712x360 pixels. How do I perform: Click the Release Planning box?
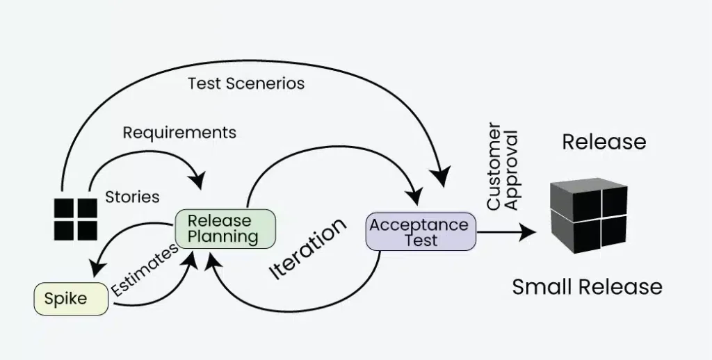224,229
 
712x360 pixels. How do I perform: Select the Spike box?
71,300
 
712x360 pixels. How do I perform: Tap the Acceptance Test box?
421,232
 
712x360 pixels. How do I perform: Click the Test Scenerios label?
246,83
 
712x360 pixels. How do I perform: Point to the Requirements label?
179,132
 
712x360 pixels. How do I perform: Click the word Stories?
132,197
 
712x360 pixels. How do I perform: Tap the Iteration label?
307,248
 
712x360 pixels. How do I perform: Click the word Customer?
494,167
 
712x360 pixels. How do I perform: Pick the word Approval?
512,167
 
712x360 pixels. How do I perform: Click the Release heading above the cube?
604,142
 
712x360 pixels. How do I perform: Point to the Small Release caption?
587,286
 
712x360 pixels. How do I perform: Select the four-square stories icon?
75,219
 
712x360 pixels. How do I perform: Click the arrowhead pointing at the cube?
530,232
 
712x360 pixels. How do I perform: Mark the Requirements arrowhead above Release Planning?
199,180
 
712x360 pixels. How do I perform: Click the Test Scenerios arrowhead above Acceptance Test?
441,180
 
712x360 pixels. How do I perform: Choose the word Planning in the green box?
224,236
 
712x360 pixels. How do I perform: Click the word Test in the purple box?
421,240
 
